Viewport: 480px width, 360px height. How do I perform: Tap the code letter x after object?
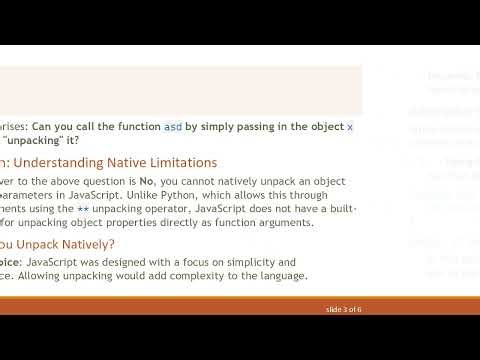tap(350, 127)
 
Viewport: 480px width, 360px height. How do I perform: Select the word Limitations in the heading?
tap(179, 162)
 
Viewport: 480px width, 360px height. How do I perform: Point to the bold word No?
tap(147, 181)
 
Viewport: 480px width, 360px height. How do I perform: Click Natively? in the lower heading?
tap(85, 243)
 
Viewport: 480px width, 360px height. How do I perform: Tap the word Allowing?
tap(54, 275)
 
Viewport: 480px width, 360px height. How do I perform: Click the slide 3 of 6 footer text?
tap(344, 309)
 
